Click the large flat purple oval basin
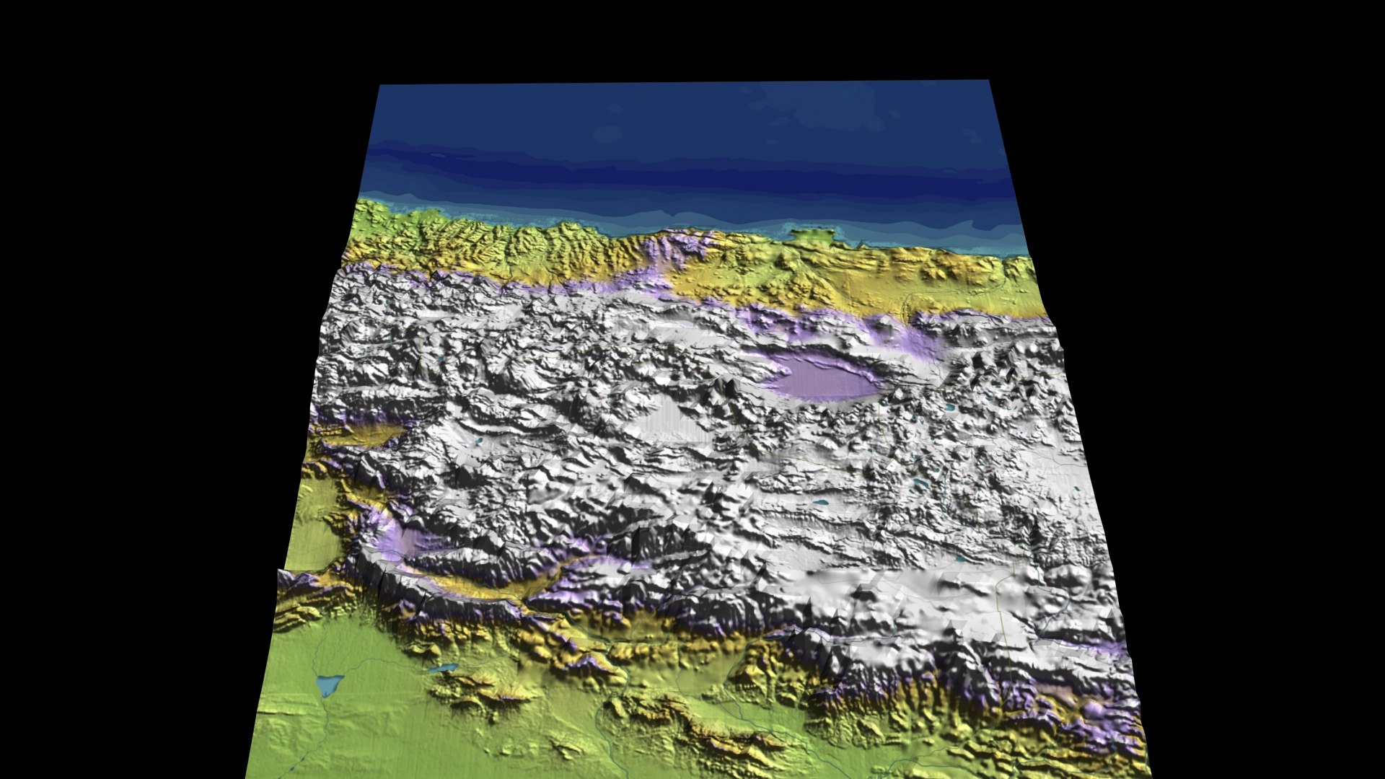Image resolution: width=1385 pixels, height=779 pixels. click(x=822, y=377)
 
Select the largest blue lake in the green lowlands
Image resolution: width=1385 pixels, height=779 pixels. click(x=329, y=684)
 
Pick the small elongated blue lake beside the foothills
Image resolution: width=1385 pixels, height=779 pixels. click(x=441, y=669)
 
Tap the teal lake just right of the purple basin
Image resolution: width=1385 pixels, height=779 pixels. click(x=951, y=409)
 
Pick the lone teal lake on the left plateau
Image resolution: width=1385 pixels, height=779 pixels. click(x=477, y=440)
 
